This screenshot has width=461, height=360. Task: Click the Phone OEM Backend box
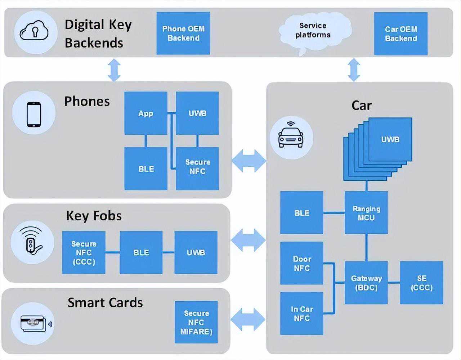click(183, 33)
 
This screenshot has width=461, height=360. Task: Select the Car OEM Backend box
click(400, 34)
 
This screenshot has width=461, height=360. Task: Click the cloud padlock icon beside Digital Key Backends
click(35, 32)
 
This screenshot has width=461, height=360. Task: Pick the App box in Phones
click(146, 113)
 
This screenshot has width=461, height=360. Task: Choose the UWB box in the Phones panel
click(197, 113)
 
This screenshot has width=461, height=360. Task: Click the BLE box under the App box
click(146, 168)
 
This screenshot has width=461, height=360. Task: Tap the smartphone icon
click(34, 114)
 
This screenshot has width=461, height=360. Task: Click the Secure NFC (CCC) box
click(84, 252)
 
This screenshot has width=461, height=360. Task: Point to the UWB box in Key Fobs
click(196, 252)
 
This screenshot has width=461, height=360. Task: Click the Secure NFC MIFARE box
click(196, 322)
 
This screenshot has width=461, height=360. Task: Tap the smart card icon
click(33, 323)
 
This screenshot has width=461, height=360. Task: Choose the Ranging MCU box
click(366, 213)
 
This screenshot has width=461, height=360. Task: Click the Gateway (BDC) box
click(366, 283)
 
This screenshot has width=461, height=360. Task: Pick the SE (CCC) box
click(421, 283)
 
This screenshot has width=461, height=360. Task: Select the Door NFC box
click(301, 263)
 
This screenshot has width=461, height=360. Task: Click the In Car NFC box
click(301, 313)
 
